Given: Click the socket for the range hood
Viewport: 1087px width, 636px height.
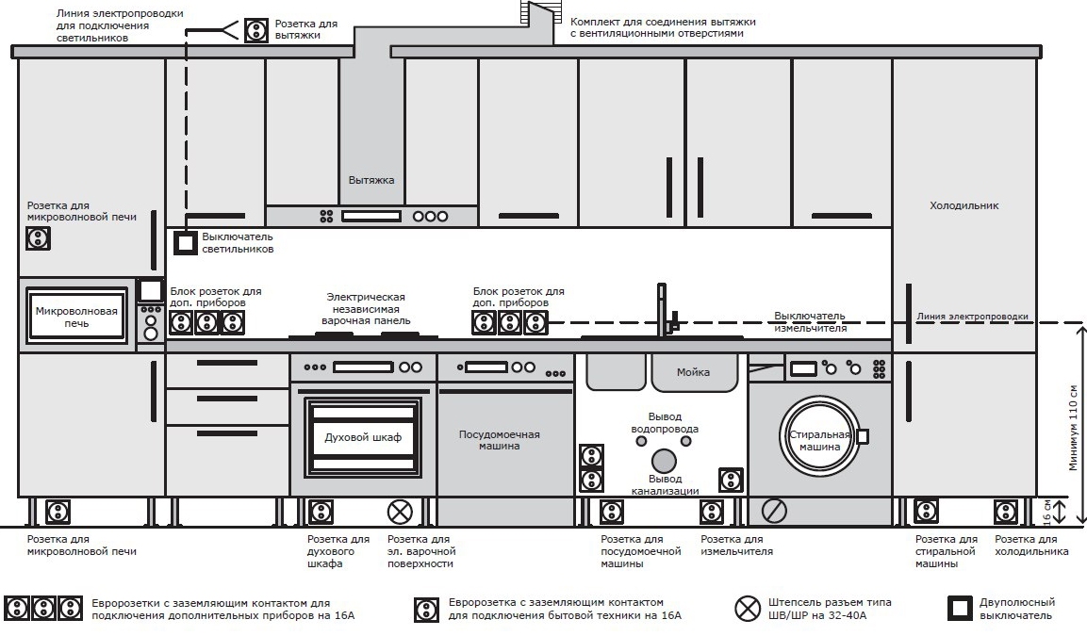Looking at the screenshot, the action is (x=255, y=30).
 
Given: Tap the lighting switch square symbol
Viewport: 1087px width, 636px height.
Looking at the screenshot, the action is (x=185, y=242).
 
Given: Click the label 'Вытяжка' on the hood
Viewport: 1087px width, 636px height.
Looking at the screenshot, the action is (x=371, y=180).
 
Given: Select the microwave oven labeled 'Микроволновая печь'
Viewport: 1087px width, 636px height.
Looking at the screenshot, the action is (x=77, y=317).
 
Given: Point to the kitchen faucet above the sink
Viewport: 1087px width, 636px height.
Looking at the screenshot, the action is (x=667, y=310).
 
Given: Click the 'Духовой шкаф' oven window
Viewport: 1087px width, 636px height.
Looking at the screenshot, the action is (x=363, y=437).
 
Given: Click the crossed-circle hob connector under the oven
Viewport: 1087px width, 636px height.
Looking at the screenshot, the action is (x=400, y=512).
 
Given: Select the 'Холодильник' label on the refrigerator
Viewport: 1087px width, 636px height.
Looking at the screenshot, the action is (x=964, y=205).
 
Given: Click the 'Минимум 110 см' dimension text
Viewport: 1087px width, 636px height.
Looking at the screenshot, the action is (x=1074, y=428).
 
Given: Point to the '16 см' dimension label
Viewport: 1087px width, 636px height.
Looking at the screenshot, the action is (x=1047, y=512).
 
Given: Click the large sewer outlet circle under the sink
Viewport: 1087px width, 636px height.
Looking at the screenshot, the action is (x=664, y=462).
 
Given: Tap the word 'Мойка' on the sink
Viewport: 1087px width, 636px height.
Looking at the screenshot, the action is (x=693, y=372).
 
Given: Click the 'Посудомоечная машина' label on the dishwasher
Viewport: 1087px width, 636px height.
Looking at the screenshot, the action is (x=499, y=440).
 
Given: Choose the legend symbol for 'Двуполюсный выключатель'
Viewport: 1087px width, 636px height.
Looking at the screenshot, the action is (x=960, y=609).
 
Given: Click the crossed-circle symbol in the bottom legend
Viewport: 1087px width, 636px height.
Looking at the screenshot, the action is (x=748, y=609).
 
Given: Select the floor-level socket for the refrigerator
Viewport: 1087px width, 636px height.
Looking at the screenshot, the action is (x=1006, y=512).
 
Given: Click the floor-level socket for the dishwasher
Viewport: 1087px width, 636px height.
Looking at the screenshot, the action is (x=612, y=512).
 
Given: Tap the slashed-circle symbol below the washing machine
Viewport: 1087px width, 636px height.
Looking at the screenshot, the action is (x=774, y=512).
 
